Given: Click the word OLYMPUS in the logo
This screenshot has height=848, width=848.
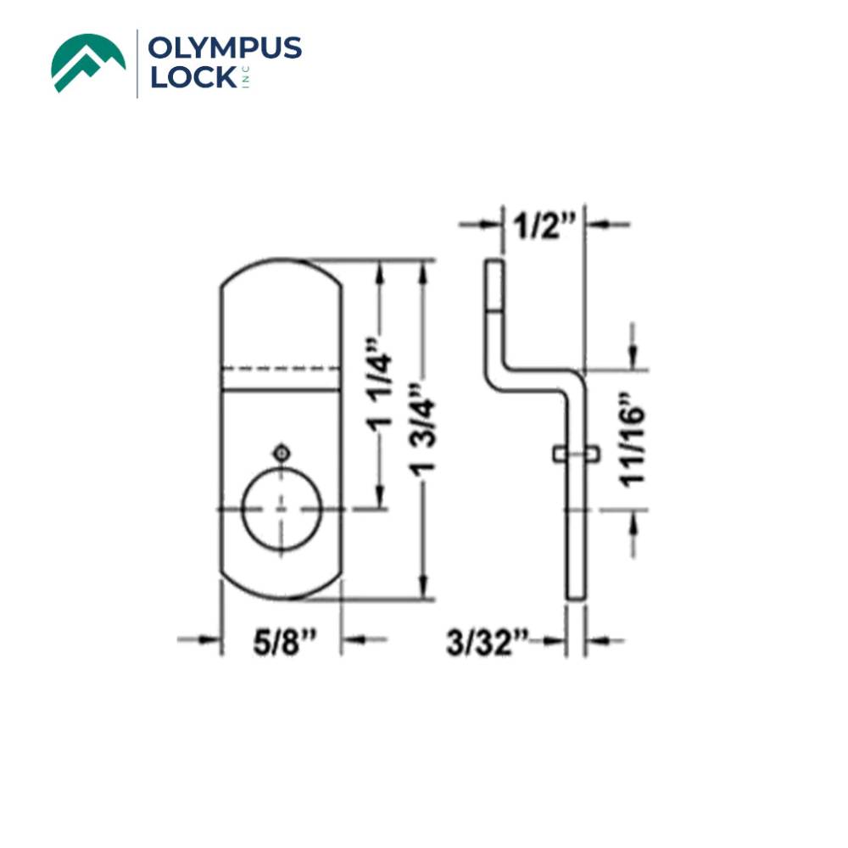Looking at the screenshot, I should (x=224, y=49).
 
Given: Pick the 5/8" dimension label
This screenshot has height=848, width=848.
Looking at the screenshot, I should (x=282, y=643).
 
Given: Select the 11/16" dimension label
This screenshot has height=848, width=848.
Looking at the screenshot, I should (x=633, y=439).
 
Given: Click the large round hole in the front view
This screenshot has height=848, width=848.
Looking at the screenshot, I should (x=282, y=509).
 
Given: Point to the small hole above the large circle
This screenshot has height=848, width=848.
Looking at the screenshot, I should (x=282, y=452).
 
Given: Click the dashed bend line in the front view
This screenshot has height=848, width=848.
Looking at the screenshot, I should (x=282, y=369).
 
